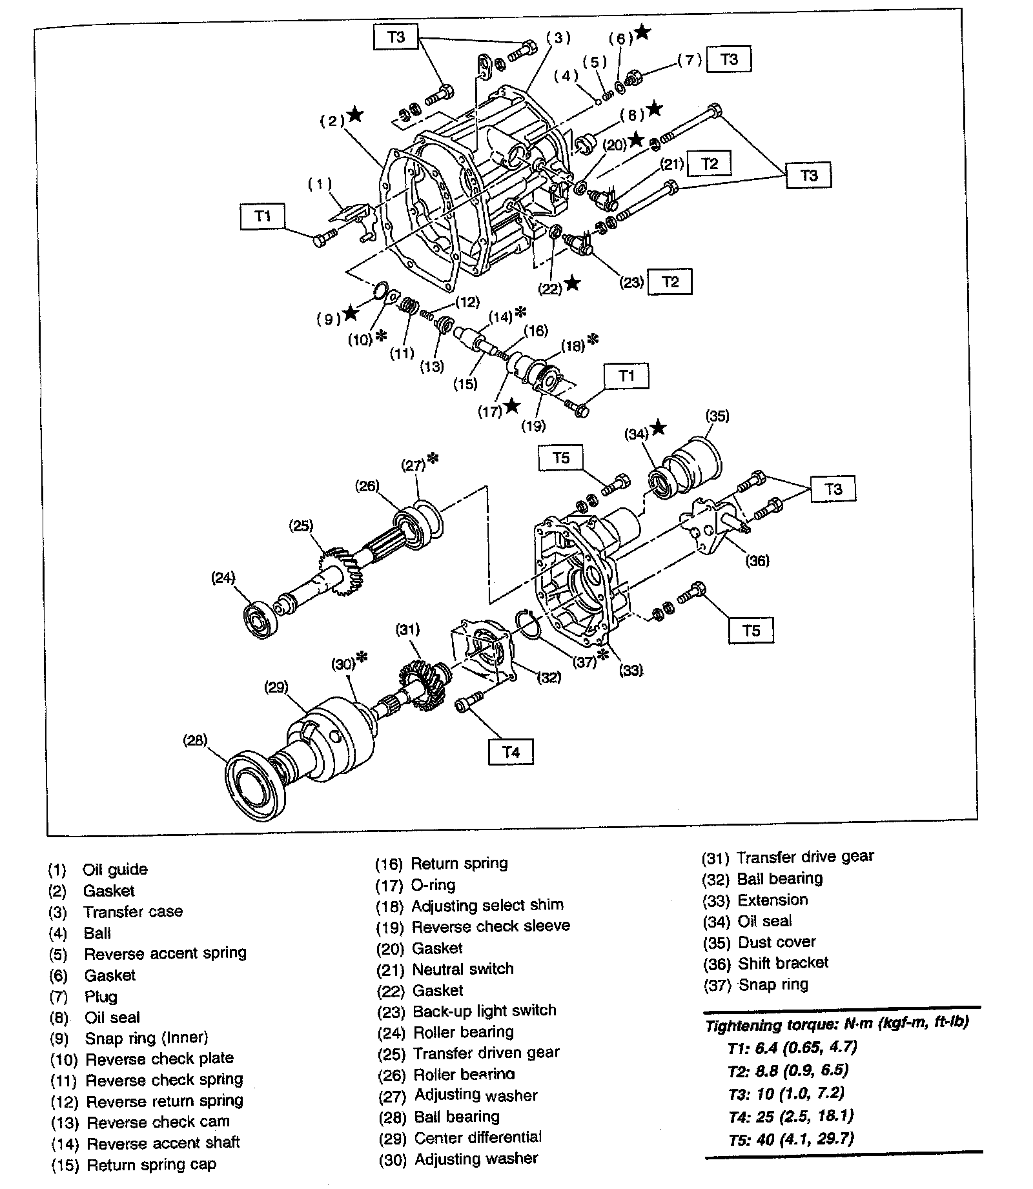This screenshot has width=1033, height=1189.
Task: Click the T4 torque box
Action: coord(511,752)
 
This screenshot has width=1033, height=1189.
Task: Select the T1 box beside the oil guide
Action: coord(262,216)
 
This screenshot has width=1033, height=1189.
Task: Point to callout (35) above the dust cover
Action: coord(717,416)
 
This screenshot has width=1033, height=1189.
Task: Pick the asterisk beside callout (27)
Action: coord(433,458)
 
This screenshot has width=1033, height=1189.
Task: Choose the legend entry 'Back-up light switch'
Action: coord(484,1010)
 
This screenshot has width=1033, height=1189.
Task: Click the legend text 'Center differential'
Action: coord(478,1137)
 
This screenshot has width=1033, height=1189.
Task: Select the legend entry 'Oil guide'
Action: coord(115,869)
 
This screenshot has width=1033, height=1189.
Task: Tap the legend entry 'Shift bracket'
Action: coord(782,962)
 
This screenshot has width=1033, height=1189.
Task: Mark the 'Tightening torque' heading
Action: coord(837,1023)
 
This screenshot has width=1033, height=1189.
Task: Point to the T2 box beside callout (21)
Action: coord(709,164)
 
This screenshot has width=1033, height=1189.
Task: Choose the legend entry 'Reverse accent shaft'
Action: coord(163,1143)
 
